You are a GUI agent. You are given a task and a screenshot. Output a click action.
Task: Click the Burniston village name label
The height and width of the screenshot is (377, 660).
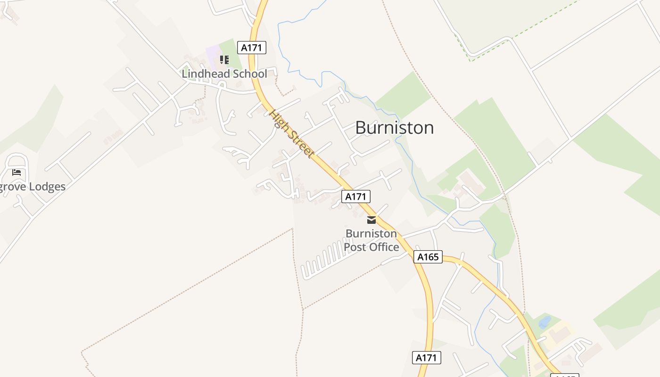point(394,128)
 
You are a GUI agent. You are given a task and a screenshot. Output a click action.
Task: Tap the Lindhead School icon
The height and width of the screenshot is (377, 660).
point(224,60)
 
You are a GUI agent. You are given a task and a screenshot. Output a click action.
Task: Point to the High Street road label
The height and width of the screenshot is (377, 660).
point(291,134)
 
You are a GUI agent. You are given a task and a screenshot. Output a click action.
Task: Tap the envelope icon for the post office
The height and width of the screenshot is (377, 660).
point(371,220)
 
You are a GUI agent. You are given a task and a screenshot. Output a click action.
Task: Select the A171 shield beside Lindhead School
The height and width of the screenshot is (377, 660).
point(252,48)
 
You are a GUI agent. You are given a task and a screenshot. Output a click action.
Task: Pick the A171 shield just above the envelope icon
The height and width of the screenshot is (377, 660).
point(356,197)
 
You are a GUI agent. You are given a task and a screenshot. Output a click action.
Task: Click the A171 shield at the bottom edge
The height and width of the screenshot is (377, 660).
point(426,358)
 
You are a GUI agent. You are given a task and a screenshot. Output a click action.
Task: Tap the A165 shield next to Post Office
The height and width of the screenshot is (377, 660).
point(428,257)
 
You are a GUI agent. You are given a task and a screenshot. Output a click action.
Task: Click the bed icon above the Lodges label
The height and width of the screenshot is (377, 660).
point(16,172)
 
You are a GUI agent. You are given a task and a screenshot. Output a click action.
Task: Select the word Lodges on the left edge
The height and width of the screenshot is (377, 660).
point(47,187)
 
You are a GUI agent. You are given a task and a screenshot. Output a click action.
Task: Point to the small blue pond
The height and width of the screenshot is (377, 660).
point(544,322)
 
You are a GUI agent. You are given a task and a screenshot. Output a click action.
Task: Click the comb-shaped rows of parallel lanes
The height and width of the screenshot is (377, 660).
point(325,259)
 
